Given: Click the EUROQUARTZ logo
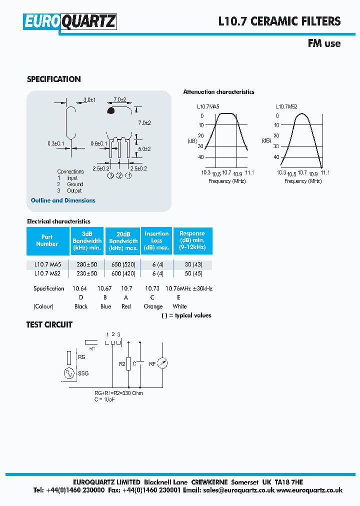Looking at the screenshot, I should pyautogui.click(x=70, y=21).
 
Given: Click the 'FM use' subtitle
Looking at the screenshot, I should pyautogui.click(x=324, y=43).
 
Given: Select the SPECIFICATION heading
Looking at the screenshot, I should pyautogui.click(x=53, y=79).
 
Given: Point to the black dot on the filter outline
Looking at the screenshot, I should pyautogui.click(x=111, y=110).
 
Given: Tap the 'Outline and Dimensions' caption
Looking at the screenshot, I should pyautogui.click(x=63, y=200).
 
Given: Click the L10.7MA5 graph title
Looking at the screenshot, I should pyautogui.click(x=208, y=106).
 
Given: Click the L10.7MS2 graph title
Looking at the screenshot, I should pyautogui.click(x=286, y=106).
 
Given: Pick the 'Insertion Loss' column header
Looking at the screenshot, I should pyautogui.click(x=156, y=240).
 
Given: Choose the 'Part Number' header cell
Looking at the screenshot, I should pyautogui.click(x=47, y=240).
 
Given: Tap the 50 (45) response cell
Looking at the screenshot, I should pyautogui.click(x=192, y=273).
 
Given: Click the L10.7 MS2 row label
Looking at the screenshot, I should pyautogui.click(x=47, y=273).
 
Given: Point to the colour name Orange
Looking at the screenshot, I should pyautogui.click(x=153, y=306).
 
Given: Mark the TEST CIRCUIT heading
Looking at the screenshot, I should pyautogui.click(x=49, y=324).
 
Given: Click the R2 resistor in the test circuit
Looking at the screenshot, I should pyautogui.click(x=129, y=364).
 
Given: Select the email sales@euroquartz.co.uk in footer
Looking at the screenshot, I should pyautogui.click(x=239, y=490).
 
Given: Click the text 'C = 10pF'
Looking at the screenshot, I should pyautogui.click(x=104, y=399).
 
